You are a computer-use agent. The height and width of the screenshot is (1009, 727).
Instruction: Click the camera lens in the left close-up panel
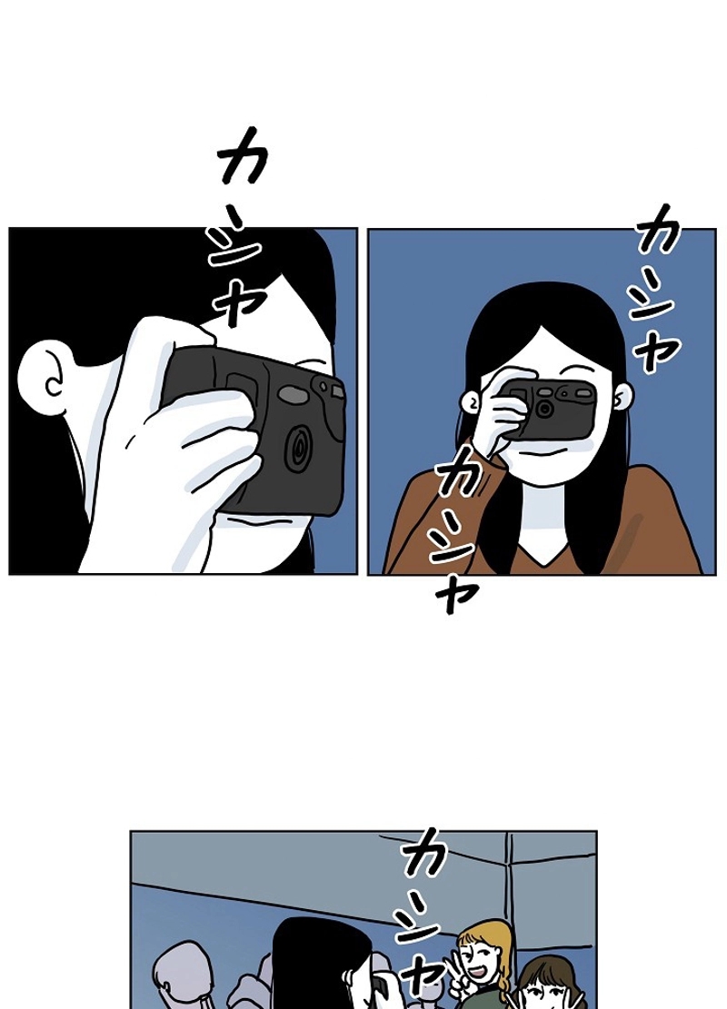(297, 450)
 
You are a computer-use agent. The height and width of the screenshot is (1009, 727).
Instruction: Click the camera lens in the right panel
(544, 409)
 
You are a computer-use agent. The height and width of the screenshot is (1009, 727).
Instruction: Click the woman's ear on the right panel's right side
(622, 397)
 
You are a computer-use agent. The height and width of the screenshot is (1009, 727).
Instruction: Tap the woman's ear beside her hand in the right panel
(473, 401)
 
